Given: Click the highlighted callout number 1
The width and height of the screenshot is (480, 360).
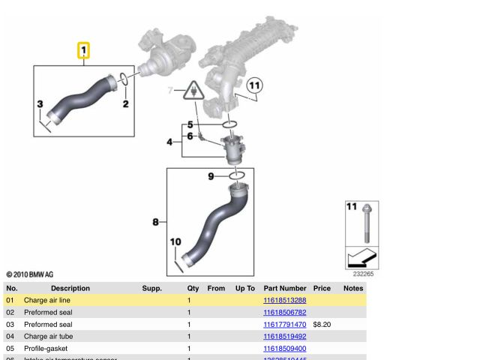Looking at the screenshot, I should (x=84, y=51).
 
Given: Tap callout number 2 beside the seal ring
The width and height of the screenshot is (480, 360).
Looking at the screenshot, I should (x=126, y=103).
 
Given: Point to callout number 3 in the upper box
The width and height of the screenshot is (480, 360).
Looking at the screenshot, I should (x=40, y=103).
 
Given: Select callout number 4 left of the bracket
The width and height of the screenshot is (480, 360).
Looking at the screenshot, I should (x=169, y=142).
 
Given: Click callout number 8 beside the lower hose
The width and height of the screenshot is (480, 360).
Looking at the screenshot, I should (x=155, y=222).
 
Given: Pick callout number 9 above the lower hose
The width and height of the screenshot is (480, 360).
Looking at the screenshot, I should (x=211, y=176).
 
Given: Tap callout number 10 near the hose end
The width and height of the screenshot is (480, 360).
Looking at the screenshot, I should (x=175, y=241).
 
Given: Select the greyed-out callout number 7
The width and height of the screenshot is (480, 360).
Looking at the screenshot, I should (x=170, y=91).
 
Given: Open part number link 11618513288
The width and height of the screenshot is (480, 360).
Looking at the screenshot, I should (x=284, y=300).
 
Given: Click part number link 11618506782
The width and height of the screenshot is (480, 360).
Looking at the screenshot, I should (x=284, y=312).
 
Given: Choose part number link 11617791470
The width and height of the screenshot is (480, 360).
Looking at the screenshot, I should (x=284, y=325).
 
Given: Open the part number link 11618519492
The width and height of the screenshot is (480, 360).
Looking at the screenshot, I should (x=284, y=337).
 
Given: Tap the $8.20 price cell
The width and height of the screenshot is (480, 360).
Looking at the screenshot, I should (x=322, y=325).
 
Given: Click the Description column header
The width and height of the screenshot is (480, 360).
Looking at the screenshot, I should (x=70, y=288).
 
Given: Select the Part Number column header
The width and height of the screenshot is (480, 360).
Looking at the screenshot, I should (x=284, y=288).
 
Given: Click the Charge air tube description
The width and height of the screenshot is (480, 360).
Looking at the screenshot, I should (x=48, y=337).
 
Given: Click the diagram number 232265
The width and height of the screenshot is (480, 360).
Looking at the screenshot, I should (x=363, y=274).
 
